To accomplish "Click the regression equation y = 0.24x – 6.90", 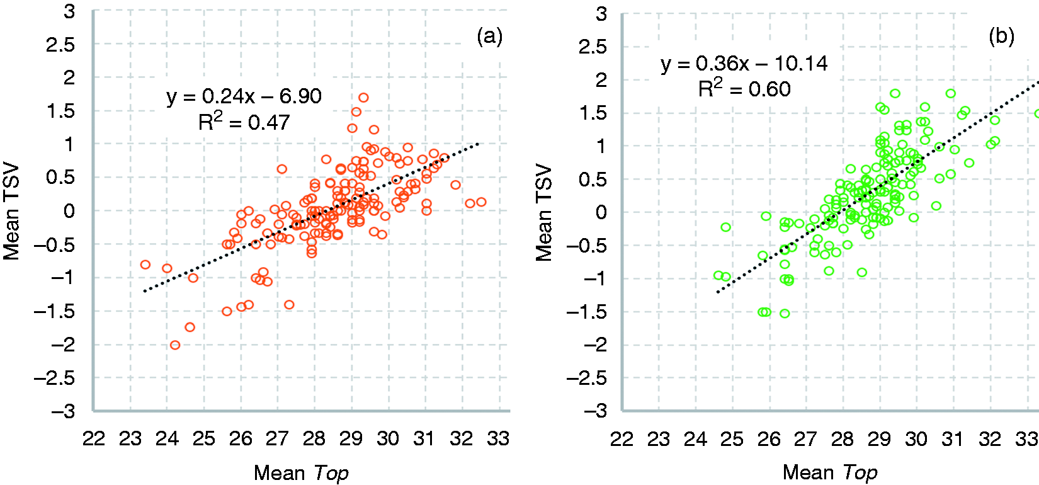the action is tap(244, 97).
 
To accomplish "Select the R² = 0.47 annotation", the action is tap(244, 122).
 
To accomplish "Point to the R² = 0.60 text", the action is tap(744, 88).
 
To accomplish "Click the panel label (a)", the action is tap(489, 37).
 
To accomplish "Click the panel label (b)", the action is tap(1001, 37).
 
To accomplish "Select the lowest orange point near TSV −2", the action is tap(175, 345).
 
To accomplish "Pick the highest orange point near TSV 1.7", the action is tap(363, 98).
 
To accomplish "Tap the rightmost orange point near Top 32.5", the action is tap(481, 202).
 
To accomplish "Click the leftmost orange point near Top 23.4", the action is tap(145, 265).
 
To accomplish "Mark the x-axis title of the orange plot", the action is tap(301, 473).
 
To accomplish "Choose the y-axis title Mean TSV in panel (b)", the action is tap(543, 213).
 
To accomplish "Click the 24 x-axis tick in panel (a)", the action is tap(167, 438).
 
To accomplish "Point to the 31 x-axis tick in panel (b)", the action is tap(953, 438).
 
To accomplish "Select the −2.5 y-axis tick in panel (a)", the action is tap(54, 379).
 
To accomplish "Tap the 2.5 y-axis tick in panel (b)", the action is tap(593, 47).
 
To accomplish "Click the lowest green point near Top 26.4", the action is tap(785, 314).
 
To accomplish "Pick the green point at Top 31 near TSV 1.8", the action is tap(950, 93).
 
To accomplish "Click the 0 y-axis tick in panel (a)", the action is tap(69, 211).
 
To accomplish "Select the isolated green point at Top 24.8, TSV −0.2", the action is tap(725, 227).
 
